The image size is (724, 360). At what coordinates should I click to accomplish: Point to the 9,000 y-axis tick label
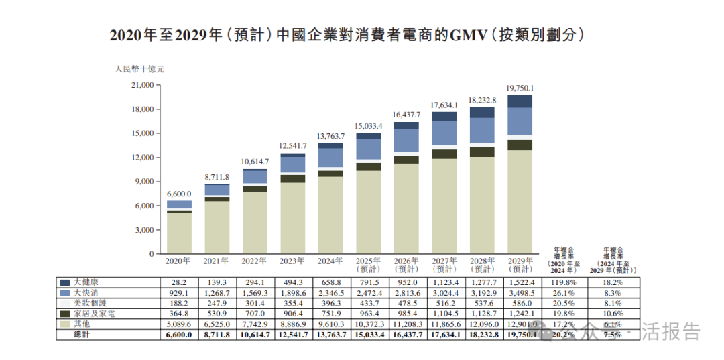(143, 182)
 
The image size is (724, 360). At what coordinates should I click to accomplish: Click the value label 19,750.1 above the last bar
(520, 88)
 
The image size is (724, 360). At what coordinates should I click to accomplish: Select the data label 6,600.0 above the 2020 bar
(178, 194)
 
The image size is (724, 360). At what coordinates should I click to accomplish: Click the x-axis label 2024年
(330, 261)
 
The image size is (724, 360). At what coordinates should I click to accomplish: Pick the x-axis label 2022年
(255, 261)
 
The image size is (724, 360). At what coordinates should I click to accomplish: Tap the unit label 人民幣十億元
(139, 68)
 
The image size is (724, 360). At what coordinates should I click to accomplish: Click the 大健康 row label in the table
(89, 283)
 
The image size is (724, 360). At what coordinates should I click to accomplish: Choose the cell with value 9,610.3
(330, 324)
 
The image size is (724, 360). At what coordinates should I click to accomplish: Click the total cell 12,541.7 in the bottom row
(292, 334)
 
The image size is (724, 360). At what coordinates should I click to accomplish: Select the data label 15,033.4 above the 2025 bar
(368, 125)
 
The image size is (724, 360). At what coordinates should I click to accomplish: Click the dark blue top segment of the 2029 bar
(520, 101)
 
